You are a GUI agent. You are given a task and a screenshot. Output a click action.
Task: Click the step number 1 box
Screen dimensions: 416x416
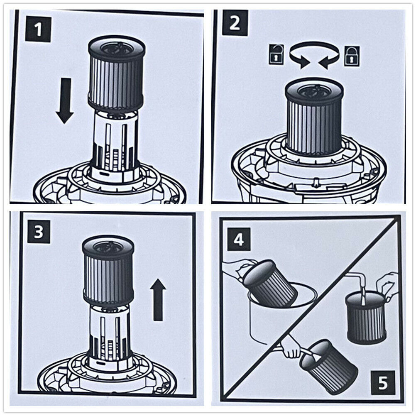(x=38, y=29)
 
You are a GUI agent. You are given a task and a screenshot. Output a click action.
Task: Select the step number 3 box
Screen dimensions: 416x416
(x=38, y=231)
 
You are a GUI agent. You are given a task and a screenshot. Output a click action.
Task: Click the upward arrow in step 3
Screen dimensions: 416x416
(x=158, y=299)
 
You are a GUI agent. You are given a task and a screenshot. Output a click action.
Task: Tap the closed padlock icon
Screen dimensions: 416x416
(x=352, y=55)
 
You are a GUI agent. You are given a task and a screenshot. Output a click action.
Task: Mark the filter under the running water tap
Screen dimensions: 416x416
(x=366, y=318)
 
